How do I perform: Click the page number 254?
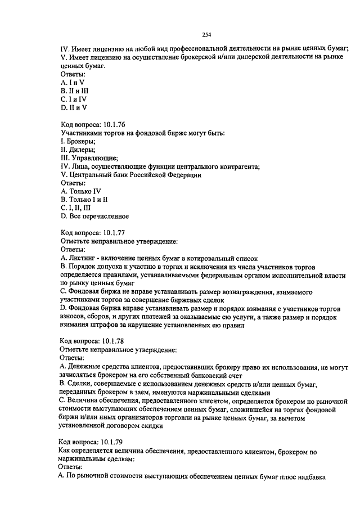point(206,35)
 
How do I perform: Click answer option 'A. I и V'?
point(72,82)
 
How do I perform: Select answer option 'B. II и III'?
point(74,90)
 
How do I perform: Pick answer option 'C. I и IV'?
point(73,98)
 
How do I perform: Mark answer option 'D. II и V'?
point(73,107)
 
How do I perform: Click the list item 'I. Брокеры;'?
point(77,141)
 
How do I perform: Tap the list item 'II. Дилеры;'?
point(77,149)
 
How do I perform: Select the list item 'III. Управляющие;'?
point(86,157)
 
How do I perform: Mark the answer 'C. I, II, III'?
point(78,208)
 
